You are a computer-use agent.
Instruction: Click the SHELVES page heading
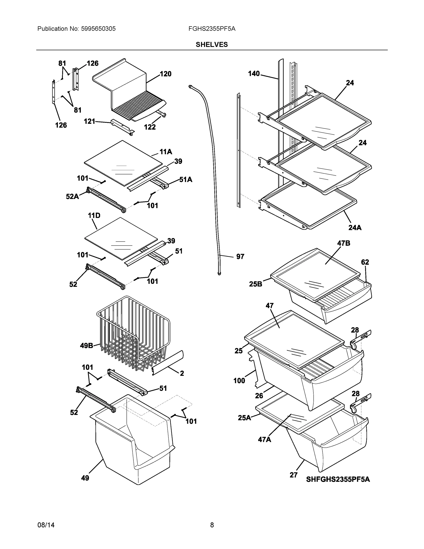click(211, 45)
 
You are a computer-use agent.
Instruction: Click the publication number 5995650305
click(98, 29)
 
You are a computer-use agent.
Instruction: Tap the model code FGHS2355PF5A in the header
click(212, 29)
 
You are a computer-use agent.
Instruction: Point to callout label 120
click(165, 74)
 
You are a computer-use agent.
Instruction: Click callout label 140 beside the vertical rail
click(254, 74)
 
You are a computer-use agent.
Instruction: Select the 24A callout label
click(355, 228)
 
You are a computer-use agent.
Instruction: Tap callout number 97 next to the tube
click(240, 257)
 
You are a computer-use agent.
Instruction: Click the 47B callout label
click(343, 243)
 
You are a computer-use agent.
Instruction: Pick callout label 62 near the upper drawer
click(365, 262)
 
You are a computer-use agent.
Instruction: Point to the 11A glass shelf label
click(166, 152)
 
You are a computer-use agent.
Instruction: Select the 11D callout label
click(94, 215)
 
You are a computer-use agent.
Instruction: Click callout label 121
click(89, 121)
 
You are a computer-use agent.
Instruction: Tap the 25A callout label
click(244, 418)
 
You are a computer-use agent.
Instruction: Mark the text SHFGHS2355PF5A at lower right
click(338, 479)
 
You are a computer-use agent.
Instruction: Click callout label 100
click(239, 381)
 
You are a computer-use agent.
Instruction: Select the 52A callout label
click(72, 196)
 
